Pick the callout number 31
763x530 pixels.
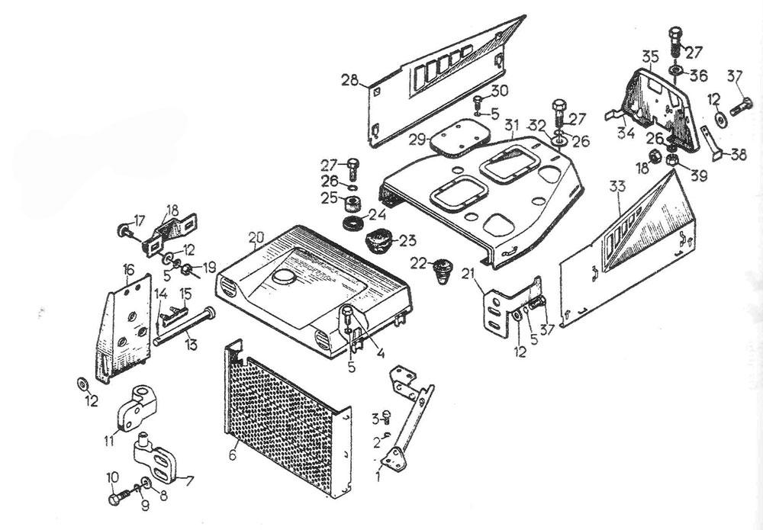[x=511, y=124]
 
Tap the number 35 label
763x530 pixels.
[x=650, y=56]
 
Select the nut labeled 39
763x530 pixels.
[x=674, y=160]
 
